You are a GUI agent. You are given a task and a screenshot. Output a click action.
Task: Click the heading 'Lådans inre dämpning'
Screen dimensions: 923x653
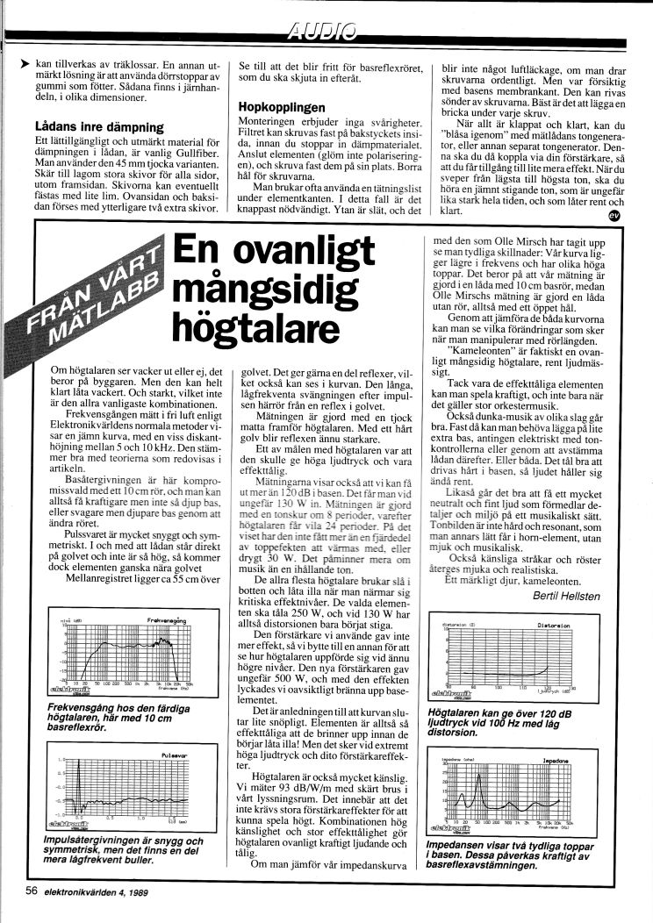(x=83, y=125)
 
